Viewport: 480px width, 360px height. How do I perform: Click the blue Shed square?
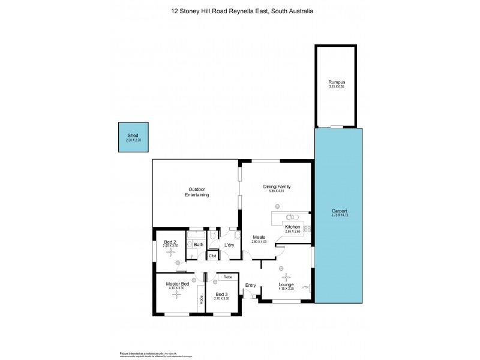133,137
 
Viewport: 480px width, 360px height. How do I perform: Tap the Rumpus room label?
336,82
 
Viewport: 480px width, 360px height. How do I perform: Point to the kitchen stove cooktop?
307,228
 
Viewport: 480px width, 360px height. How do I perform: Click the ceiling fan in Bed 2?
170,253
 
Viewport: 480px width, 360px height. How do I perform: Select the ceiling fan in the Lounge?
285,277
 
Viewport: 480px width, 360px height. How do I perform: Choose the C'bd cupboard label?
212,256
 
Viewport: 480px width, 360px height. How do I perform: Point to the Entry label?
250,286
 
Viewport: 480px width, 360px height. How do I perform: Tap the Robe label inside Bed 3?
228,277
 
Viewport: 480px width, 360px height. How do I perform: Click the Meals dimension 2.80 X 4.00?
259,241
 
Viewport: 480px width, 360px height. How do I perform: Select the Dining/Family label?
276,187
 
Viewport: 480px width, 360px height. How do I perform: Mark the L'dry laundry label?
229,245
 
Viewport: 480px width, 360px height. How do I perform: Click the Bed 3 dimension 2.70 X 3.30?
221,298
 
